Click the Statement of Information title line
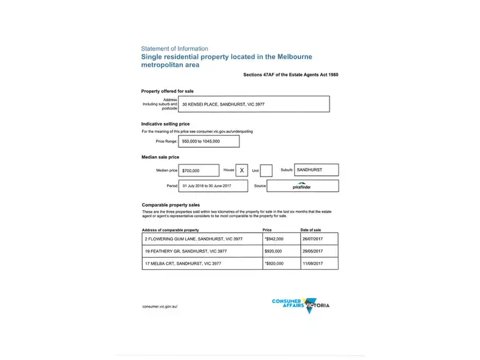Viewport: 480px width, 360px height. coord(175,49)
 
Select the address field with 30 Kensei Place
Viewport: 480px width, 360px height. coord(255,104)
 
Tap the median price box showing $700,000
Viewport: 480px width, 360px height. coord(198,171)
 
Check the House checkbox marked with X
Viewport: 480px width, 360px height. coord(241,171)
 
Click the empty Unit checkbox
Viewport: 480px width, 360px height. coord(266,171)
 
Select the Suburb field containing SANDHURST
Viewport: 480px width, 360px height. coord(317,170)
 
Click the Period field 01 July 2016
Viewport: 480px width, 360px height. coord(213,186)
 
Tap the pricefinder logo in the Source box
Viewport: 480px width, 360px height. coord(302,186)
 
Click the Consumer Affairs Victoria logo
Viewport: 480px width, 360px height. coord(301,305)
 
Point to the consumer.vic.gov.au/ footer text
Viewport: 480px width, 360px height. coord(160,307)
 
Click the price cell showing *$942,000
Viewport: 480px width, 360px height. coord(281,239)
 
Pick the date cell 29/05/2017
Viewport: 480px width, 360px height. coord(319,251)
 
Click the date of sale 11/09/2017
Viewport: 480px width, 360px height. coord(319,263)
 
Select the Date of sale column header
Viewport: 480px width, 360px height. coord(311,230)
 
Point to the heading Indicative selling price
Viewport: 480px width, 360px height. coord(166,124)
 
